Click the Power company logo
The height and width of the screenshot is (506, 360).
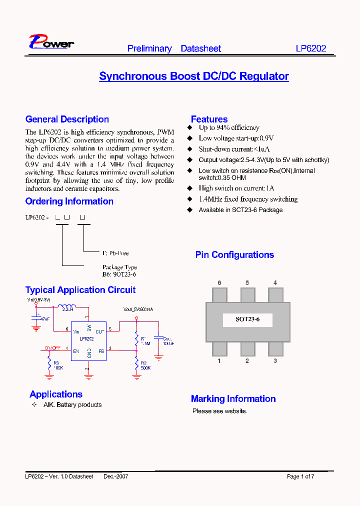pos(51,42)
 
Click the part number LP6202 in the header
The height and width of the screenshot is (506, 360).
pos(310,48)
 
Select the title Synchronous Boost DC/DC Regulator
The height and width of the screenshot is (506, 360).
pos(194,76)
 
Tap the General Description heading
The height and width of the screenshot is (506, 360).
pos(67,119)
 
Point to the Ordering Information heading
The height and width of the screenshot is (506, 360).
pos(69,201)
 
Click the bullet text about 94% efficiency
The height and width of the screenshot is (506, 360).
pos(229,128)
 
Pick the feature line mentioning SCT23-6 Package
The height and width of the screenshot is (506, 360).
pos(240,210)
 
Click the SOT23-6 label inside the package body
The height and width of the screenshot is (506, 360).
pos(247,319)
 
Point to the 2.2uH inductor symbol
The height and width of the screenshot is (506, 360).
pos(66,307)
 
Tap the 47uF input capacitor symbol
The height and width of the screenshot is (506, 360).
pos(36,318)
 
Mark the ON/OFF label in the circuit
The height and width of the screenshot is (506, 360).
pos(52,347)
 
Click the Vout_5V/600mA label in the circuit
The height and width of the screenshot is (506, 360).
pos(138,309)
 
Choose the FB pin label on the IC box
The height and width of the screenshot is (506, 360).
pos(101,351)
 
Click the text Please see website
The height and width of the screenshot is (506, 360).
pos(220,411)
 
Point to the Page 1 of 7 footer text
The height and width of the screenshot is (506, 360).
pos(300,476)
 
